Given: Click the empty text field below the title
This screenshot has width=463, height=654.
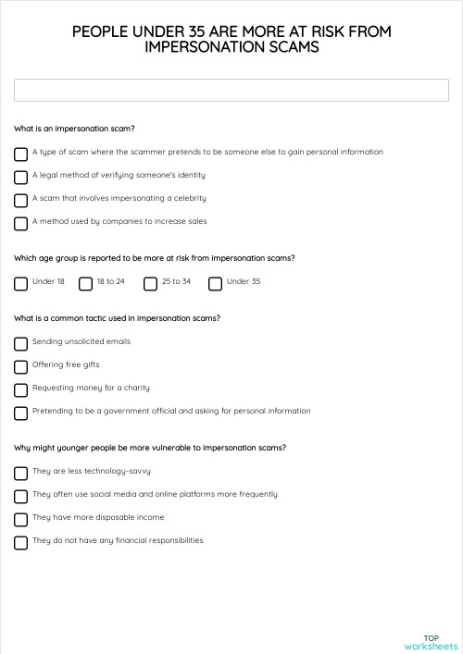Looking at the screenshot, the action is [x=231, y=90].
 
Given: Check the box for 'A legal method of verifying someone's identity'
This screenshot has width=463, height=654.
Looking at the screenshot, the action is [x=20, y=177].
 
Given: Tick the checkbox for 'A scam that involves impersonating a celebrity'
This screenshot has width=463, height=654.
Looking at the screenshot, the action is [x=20, y=200].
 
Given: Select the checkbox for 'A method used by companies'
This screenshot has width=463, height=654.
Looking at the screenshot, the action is [x=20, y=223].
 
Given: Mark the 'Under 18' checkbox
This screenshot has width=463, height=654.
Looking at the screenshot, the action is [x=20, y=283].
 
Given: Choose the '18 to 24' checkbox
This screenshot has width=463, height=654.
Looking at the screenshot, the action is [x=85, y=283].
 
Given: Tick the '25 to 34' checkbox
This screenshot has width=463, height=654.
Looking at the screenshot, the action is [x=150, y=283].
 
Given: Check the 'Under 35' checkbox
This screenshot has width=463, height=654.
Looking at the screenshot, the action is [x=215, y=283].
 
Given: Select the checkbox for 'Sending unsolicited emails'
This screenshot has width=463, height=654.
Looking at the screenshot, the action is [x=20, y=343].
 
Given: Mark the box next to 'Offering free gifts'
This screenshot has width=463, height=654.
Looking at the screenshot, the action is [x=20, y=366].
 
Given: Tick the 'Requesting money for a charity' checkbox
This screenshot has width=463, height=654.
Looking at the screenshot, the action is [x=20, y=389].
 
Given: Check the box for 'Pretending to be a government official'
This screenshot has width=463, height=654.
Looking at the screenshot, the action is [x=20, y=413].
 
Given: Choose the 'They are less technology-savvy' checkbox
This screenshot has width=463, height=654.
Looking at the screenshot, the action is [x=20, y=473].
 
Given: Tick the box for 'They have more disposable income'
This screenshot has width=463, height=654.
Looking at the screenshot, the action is [x=20, y=519].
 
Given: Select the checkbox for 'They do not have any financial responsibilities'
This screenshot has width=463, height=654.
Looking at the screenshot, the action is [x=20, y=542].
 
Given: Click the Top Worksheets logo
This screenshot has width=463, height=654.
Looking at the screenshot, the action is [x=431, y=642].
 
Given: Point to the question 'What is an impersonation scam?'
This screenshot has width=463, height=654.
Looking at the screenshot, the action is [x=75, y=129].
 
